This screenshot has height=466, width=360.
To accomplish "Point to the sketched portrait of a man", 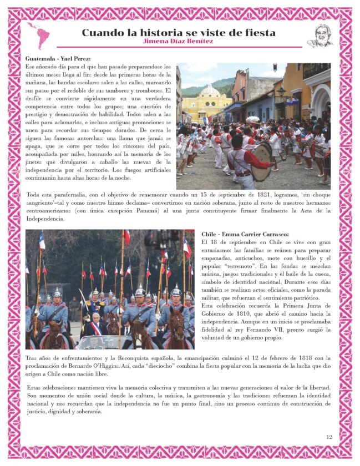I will (x=320, y=36).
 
